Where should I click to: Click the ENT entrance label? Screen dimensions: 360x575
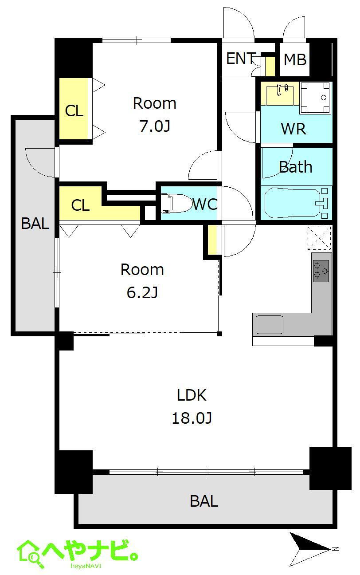tap(241, 58)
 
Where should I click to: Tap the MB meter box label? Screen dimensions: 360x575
tap(295, 59)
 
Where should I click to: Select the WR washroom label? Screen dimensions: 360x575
tap(293, 129)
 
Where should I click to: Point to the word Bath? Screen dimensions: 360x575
tap(295, 167)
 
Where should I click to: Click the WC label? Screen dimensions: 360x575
tap(205, 204)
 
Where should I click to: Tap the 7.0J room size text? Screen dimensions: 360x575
tap(155, 126)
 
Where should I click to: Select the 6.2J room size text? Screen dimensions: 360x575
tap(142, 292)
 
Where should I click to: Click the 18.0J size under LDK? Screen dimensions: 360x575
tap(192, 418)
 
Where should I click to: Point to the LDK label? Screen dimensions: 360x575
tap(192, 395)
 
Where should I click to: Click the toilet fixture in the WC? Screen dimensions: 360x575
tap(177, 204)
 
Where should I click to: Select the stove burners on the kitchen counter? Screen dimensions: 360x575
tap(321, 271)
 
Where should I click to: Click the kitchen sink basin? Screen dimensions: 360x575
tap(269, 325)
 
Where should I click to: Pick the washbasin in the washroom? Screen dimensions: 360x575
tap(280, 95)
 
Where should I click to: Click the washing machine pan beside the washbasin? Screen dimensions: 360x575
tap(315, 98)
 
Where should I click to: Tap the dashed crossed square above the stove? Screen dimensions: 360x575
tap(319, 238)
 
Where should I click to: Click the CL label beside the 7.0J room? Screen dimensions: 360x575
tap(74, 111)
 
